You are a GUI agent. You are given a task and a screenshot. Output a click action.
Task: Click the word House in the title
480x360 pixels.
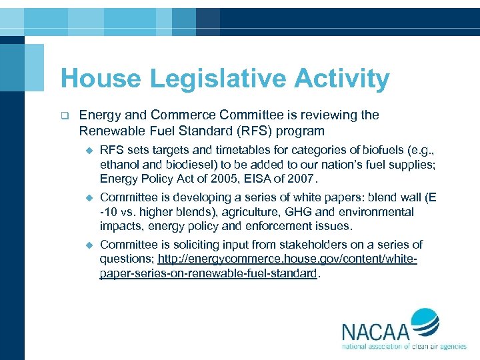coord(100,79)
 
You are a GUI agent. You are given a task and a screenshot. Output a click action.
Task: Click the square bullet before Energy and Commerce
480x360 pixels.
coord(65,115)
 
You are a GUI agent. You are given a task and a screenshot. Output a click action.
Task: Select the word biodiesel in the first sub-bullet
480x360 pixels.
coord(173,163)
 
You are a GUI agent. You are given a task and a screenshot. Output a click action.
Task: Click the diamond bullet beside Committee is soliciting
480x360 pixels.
coord(87,245)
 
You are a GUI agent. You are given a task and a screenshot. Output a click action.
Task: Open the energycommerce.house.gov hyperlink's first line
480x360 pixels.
coord(287,259)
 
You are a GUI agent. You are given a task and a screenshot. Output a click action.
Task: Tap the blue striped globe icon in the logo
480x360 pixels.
coord(424,324)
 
